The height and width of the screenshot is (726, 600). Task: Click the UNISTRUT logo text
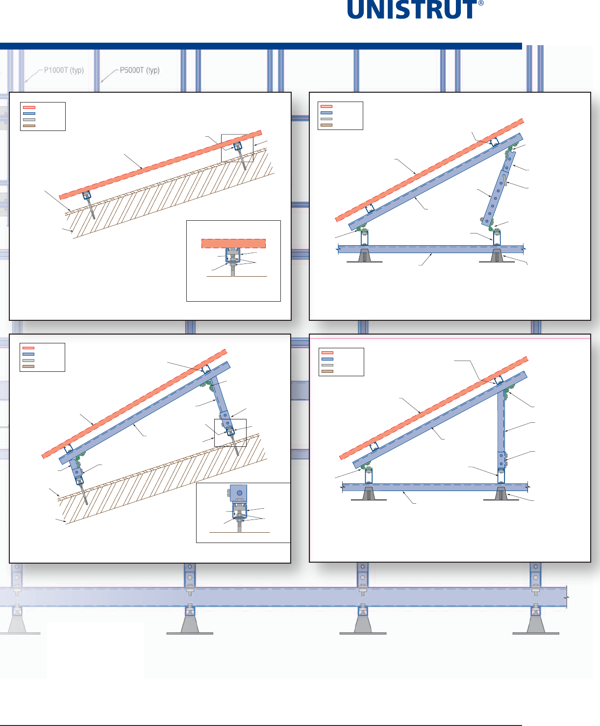click(412, 10)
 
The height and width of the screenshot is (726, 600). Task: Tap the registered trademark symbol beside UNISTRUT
click(481, 3)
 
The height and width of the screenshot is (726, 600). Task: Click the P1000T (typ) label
click(64, 70)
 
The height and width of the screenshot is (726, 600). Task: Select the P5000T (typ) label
click(140, 70)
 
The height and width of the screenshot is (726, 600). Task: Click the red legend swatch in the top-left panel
click(29, 107)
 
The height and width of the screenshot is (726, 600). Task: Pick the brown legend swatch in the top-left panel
click(29, 126)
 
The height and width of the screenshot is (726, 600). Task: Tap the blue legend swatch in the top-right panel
click(326, 113)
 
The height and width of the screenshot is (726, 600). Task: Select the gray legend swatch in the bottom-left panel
click(28, 360)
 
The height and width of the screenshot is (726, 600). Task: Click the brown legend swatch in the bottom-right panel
click(327, 371)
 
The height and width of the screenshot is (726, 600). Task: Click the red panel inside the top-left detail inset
click(233, 243)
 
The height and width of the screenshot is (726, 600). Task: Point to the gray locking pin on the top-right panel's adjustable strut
click(504, 179)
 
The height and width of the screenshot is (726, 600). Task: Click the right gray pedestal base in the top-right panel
click(497, 256)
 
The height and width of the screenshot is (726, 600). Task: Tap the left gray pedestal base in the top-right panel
click(365, 256)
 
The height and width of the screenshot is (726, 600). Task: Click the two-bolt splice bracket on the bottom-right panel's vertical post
click(502, 460)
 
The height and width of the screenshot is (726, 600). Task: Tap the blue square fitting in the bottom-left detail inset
click(239, 493)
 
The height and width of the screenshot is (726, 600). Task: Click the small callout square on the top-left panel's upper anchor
click(237, 148)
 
